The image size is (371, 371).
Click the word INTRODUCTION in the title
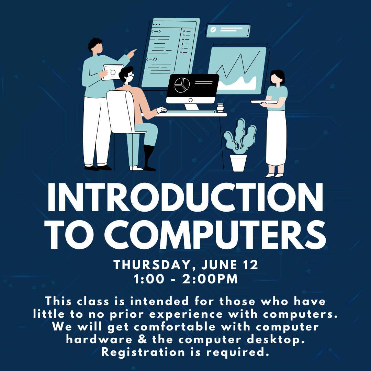[185, 197]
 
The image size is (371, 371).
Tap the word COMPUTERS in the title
[215, 235]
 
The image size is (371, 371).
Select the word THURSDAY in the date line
[152, 265]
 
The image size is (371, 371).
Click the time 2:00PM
[210, 279]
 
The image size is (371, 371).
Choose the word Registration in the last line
[143, 352]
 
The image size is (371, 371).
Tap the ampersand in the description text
[142, 339]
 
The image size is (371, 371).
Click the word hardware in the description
[99, 339]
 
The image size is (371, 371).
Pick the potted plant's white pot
[238, 163]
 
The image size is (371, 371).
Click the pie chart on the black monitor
[182, 85]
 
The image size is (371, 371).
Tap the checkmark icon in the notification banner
[213, 30]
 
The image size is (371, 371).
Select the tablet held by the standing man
[112, 72]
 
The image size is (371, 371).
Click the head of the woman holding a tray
[277, 77]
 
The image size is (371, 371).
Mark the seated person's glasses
[131, 75]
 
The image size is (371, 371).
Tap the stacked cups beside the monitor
[220, 108]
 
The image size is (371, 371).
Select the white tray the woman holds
[264, 102]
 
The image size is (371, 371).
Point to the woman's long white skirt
[276, 138]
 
